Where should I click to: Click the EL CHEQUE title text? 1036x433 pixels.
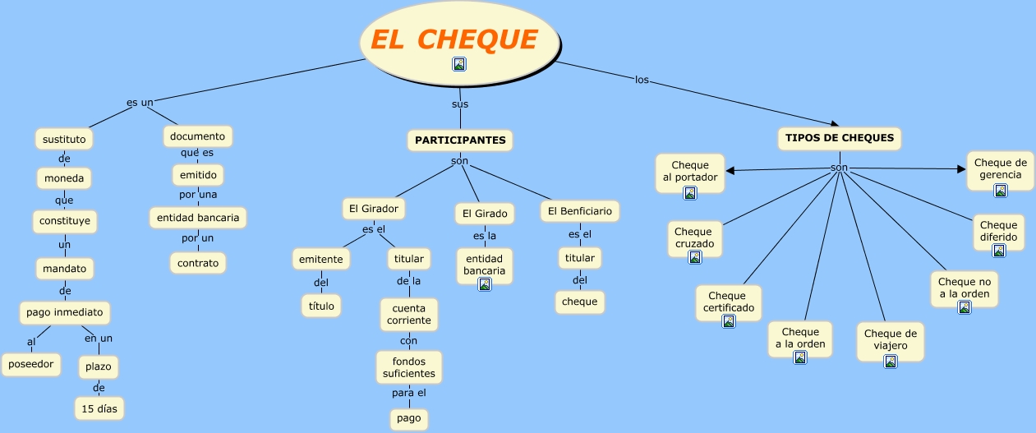point(454,39)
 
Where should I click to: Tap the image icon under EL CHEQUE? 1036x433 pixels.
point(459,64)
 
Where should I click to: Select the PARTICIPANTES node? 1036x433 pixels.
point(460,140)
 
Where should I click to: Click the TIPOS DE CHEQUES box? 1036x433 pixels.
point(840,138)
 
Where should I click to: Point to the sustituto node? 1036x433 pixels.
point(64,139)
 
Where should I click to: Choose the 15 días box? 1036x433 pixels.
point(99,408)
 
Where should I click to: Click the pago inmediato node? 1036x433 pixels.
point(65,312)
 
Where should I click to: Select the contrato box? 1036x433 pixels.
point(198,263)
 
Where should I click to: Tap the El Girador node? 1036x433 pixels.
point(374,209)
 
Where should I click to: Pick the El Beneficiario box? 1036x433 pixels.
point(580,211)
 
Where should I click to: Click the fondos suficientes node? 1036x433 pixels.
point(409,367)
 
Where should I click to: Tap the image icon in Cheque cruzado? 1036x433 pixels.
point(695,256)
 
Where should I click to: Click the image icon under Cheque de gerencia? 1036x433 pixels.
point(1001,191)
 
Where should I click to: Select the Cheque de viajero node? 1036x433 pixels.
point(891,342)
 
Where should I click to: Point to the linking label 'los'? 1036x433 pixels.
point(642,80)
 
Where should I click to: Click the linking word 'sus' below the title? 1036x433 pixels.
point(460,104)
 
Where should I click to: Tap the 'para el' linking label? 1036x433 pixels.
point(409,393)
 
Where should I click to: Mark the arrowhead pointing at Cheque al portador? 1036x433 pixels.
point(730,171)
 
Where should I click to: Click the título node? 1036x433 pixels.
point(321,306)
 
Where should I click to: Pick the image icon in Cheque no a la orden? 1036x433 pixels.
point(965,307)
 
